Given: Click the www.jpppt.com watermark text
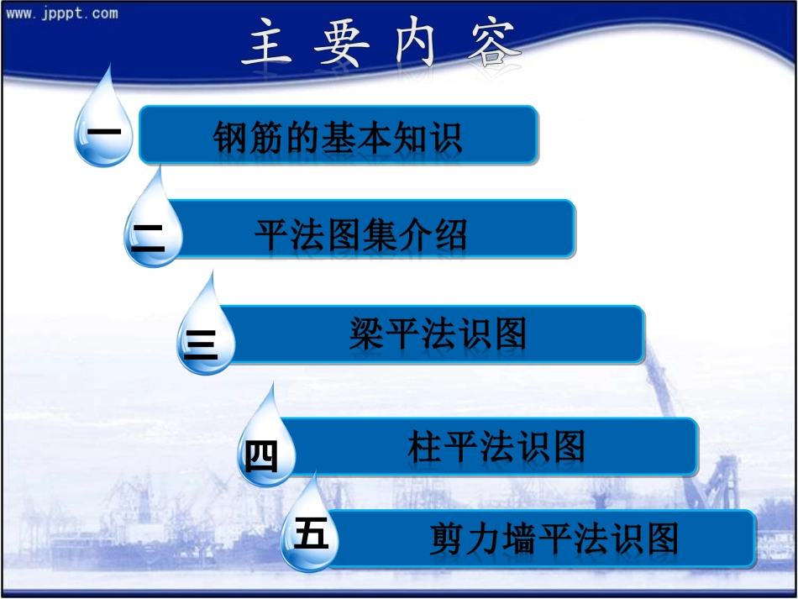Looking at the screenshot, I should tap(62, 13).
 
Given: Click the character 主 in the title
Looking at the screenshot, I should tap(267, 43).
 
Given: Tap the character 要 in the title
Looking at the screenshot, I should tap(342, 43).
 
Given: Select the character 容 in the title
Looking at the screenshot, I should tap(493, 43).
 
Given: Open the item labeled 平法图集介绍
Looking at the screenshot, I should tap(361, 236).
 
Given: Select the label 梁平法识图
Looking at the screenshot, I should tap(438, 335).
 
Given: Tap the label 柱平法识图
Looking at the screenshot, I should tap(496, 448).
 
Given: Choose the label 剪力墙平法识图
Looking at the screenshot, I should tap(554, 539).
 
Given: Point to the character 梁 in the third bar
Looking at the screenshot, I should tap(366, 335).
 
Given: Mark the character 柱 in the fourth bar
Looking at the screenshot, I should tap(425, 448).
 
